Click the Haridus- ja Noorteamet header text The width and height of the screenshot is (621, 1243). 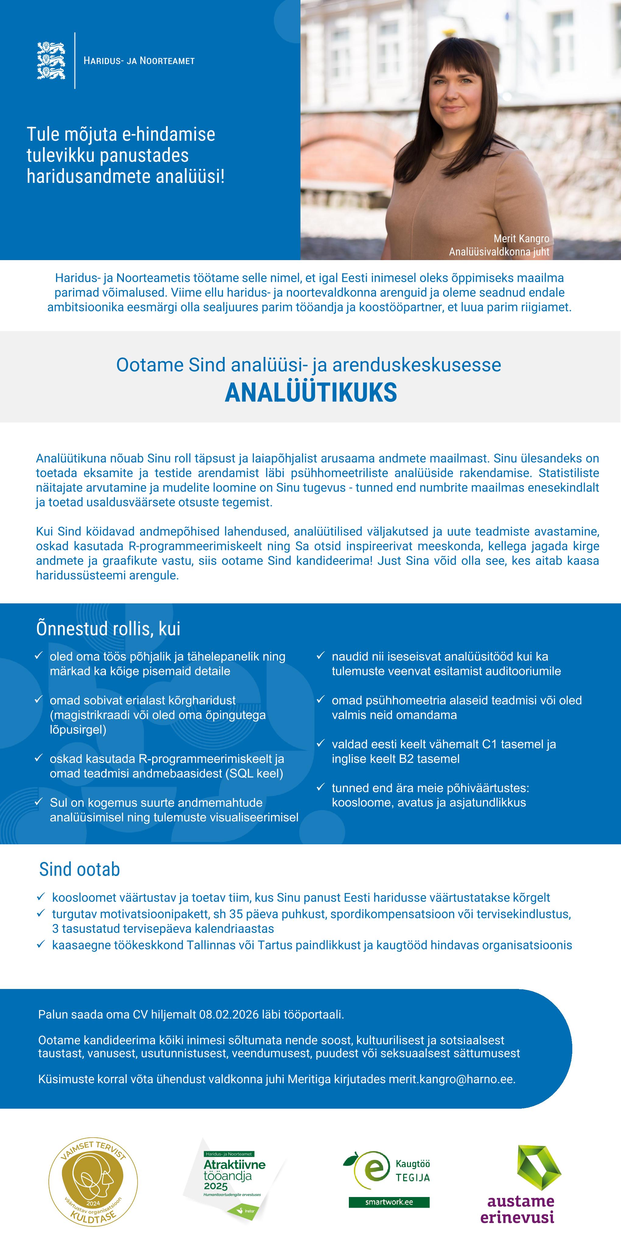(139, 61)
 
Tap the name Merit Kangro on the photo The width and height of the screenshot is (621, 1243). (521, 238)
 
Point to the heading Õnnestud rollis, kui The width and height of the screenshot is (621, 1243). (108, 629)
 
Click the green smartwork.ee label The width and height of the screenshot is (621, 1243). (389, 1202)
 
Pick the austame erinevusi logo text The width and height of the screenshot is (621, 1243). (517, 1209)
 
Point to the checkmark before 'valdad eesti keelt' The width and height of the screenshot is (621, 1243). (321, 743)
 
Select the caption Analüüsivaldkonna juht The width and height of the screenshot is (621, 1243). (499, 251)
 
